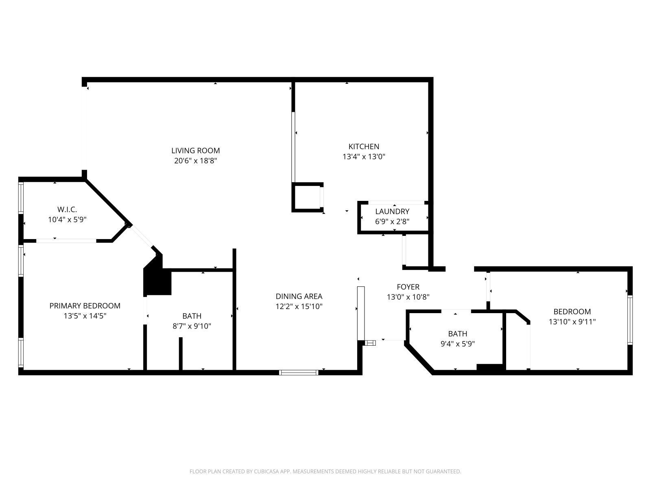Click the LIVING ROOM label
pos(195,150)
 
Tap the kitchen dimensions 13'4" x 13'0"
pos(364,157)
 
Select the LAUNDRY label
pos(392,211)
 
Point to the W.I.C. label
pos(67,209)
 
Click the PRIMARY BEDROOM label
pos(85,305)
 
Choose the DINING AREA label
pos(299,296)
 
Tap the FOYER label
pos(408,287)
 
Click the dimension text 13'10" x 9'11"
pos(572,322)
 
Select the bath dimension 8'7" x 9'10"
pos(192,326)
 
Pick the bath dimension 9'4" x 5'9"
pos(457,344)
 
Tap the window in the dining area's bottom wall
pos(299,372)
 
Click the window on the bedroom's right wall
pos(630,320)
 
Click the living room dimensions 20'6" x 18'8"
pos(195,161)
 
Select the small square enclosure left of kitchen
pos(307,197)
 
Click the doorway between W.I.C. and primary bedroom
pos(66,241)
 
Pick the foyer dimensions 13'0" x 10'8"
pos(408,297)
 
